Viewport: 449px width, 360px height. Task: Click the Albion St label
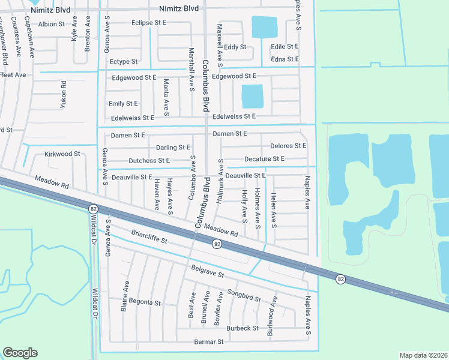pyautogui.click(x=51, y=24)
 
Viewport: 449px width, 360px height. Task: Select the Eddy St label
pyautogui.click(x=235, y=46)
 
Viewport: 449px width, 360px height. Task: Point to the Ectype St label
pyautogui.click(x=124, y=61)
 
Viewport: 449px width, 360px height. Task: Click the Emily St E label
pyautogui.click(x=123, y=104)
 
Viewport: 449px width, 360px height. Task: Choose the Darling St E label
pyautogui.click(x=173, y=147)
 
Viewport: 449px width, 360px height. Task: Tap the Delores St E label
pyautogui.click(x=288, y=146)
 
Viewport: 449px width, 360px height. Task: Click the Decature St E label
pyautogui.click(x=264, y=158)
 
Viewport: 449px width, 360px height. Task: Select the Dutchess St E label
pyautogui.click(x=149, y=161)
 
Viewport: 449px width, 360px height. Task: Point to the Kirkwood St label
pyautogui.click(x=62, y=154)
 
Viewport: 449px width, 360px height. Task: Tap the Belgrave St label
pyautogui.click(x=208, y=272)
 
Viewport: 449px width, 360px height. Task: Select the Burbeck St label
pyautogui.click(x=243, y=328)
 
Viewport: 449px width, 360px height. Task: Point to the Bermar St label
pyautogui.click(x=209, y=341)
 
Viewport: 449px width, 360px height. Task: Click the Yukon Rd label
pyautogui.click(x=64, y=94)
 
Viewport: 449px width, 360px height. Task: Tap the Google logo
pyautogui.click(x=20, y=353)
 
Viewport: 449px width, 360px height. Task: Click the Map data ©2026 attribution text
pyautogui.click(x=423, y=355)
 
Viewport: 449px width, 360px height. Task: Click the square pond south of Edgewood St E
pyautogui.click(x=252, y=96)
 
